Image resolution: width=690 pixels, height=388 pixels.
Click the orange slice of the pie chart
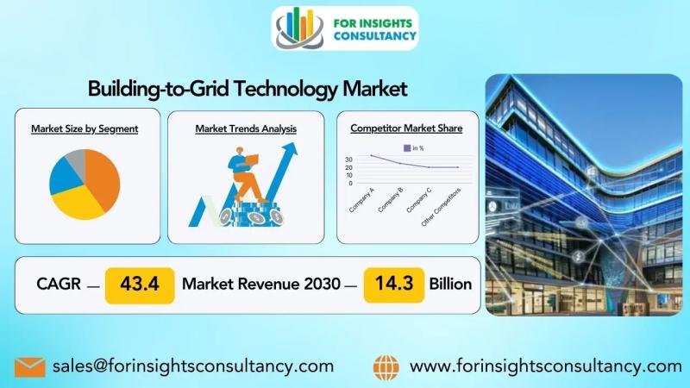click(x=103, y=178)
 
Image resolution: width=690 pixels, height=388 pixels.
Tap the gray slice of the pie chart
click(x=76, y=159)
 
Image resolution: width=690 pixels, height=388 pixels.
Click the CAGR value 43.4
click(x=140, y=285)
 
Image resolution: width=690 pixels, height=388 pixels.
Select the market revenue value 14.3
click(x=394, y=284)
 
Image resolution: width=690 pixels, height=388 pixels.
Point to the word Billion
click(x=450, y=285)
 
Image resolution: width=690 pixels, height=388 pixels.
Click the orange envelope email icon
click(x=30, y=367)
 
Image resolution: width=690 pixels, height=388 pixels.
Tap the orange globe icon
click(x=386, y=367)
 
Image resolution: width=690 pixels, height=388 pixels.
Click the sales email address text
click(x=193, y=366)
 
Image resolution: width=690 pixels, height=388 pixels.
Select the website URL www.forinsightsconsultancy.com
click(x=546, y=366)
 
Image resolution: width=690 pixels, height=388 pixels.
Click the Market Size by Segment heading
click(x=85, y=128)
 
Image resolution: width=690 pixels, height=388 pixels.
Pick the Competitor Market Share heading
click(x=406, y=128)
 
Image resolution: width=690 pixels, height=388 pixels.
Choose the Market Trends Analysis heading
click(x=246, y=128)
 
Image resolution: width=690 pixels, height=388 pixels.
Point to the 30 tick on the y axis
click(x=349, y=160)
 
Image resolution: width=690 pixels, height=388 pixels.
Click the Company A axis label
click(x=361, y=200)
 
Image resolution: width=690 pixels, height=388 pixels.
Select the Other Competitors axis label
click(x=441, y=207)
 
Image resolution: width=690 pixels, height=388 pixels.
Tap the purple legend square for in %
click(x=407, y=148)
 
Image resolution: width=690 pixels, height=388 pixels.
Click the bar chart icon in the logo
click(x=299, y=27)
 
